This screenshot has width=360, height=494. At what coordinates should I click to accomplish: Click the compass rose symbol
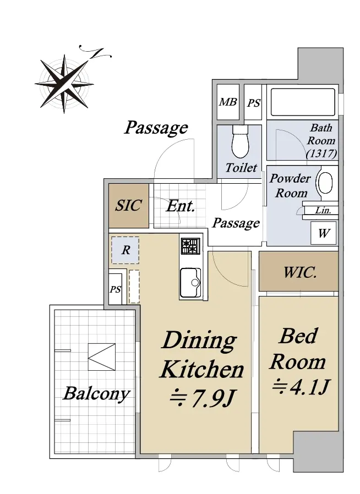(x=64, y=84)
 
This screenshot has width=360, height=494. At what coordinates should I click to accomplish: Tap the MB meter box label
(x=228, y=102)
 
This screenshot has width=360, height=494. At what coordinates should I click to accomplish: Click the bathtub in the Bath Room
(x=303, y=102)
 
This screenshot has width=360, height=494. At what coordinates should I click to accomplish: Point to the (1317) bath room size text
(x=321, y=153)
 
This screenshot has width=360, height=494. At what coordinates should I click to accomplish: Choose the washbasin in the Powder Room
(x=325, y=183)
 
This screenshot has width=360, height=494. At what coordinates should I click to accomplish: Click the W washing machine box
(x=324, y=233)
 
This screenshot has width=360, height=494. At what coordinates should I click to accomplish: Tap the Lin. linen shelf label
(x=323, y=210)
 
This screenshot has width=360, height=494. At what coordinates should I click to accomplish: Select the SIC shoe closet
(x=129, y=206)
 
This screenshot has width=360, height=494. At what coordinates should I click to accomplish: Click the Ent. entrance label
(x=181, y=206)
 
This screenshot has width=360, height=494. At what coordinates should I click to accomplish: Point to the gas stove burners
(x=190, y=246)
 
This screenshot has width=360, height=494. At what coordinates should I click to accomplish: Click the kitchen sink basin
(x=190, y=282)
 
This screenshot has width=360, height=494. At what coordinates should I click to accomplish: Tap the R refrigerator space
(x=125, y=250)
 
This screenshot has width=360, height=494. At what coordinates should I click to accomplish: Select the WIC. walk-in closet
(x=298, y=271)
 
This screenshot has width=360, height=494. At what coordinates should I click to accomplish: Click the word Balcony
(x=96, y=394)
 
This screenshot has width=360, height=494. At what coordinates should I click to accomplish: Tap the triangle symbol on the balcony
(x=101, y=357)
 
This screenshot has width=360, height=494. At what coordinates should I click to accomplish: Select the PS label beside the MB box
(x=254, y=103)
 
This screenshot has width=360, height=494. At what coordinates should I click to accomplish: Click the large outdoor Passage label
(x=156, y=128)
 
